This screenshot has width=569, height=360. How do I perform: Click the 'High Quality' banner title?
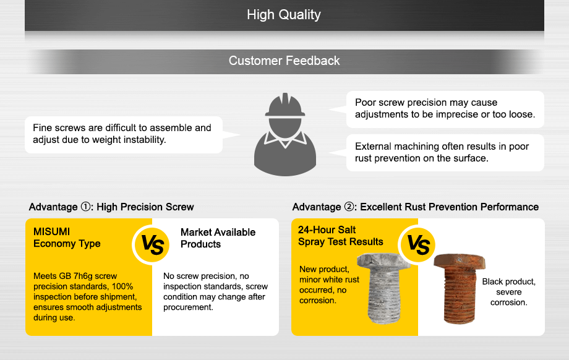[x=284, y=15]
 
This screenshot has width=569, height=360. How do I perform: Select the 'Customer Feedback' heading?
[x=284, y=61]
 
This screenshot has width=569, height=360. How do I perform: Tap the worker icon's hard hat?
[x=285, y=105]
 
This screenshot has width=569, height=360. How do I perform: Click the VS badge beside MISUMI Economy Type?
[x=152, y=244]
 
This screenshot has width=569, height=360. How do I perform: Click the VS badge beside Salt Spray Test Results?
[x=418, y=245]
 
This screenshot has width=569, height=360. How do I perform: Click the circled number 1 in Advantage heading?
[x=85, y=207]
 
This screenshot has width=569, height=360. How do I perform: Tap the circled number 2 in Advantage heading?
[x=349, y=207]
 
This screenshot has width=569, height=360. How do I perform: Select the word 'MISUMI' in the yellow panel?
[x=51, y=231]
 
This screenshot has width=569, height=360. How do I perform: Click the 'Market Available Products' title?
[x=218, y=238]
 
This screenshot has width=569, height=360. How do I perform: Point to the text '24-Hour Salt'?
[x=327, y=229]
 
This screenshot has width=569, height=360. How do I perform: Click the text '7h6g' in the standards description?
[x=83, y=276]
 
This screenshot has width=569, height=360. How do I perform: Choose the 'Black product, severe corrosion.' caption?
[x=509, y=292]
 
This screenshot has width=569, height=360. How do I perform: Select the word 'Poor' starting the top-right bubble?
[x=366, y=102]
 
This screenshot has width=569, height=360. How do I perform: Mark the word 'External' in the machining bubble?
[x=373, y=146]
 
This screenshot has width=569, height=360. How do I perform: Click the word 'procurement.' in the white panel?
[x=188, y=307]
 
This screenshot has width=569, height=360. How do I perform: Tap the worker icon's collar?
[x=285, y=139]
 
